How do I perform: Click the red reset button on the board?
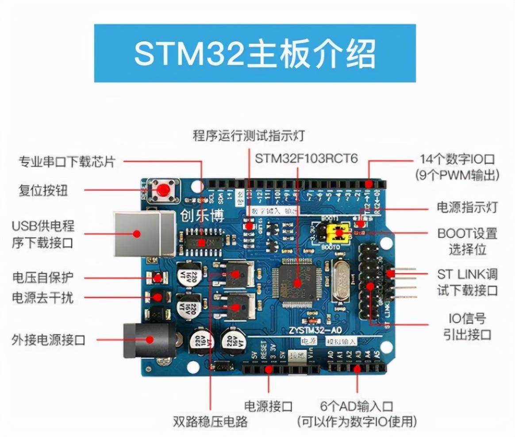tap(164, 191)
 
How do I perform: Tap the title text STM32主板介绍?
tap(255, 54)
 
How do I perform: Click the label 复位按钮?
tap(43, 191)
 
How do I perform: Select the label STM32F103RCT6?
tap(306, 158)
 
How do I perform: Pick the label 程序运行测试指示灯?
tap(249, 135)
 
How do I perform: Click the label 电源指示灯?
tap(467, 207)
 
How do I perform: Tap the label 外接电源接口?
tap(48, 340)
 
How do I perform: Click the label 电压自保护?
tap(43, 278)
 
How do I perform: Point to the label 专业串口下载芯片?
tap(66, 161)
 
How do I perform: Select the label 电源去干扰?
tap(43, 298)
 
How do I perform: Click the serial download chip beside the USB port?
tap(203, 242)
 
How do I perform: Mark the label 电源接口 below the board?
tap(269, 406)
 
